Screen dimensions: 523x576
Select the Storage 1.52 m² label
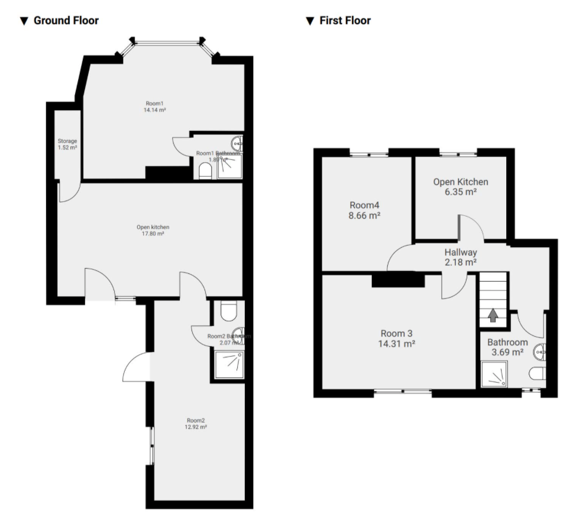point(67,144)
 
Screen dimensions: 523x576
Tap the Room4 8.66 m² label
point(364,211)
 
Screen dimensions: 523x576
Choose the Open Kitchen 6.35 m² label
point(461,186)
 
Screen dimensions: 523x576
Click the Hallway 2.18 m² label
point(461,257)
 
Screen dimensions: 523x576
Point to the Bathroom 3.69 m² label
point(507,347)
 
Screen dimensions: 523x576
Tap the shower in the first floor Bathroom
point(494,375)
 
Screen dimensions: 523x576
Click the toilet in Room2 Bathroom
point(228,311)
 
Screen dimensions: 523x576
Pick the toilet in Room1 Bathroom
point(205,171)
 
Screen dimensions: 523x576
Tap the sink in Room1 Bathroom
point(238,142)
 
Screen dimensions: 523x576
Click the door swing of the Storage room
point(66,193)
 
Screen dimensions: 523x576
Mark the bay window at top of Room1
point(167,42)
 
